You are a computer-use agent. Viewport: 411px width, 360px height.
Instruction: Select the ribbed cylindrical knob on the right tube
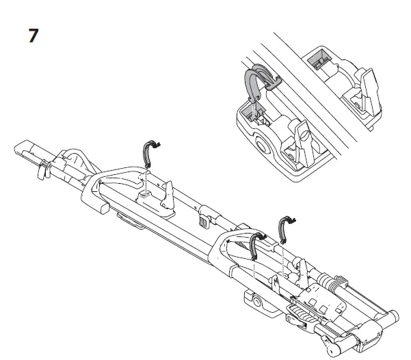334,282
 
